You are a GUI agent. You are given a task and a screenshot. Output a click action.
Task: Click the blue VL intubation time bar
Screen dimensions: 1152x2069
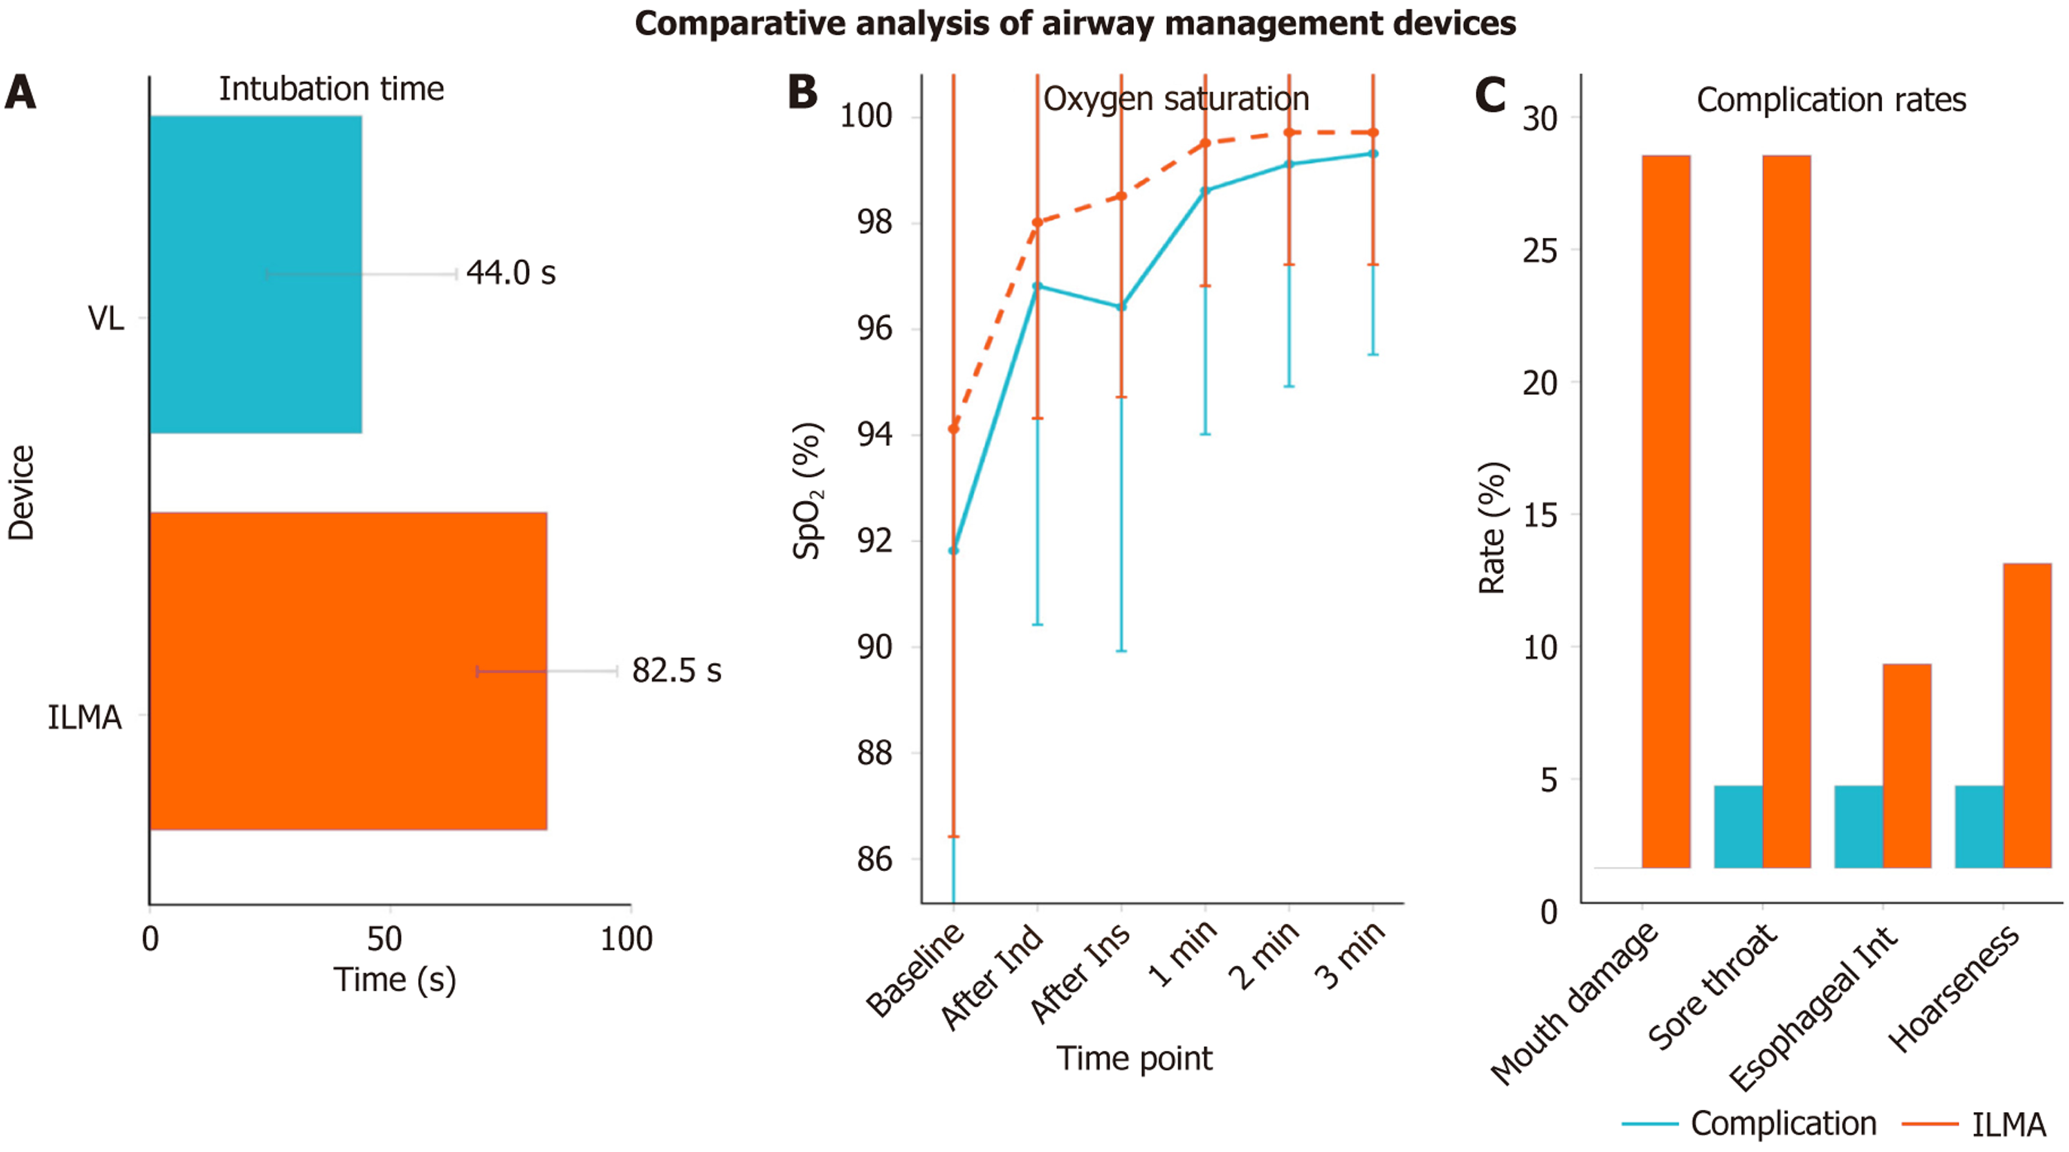tap(255, 274)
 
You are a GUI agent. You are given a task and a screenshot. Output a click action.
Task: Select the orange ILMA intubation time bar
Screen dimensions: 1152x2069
tap(348, 671)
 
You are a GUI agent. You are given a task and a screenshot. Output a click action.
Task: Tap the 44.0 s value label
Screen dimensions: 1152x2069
tap(511, 273)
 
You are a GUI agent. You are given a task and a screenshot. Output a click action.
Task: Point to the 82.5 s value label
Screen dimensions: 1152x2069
tap(677, 671)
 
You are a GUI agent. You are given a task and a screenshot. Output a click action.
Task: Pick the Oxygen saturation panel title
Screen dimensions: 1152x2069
tap(1176, 99)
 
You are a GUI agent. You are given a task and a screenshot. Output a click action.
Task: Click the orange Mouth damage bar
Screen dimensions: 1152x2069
tap(1666, 511)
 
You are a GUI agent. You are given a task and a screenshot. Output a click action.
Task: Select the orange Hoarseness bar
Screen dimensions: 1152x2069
tap(2028, 715)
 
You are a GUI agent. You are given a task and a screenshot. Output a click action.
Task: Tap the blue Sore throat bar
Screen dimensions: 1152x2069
tap(1738, 826)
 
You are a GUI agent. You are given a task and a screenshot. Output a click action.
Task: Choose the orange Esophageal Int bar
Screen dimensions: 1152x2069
tap(1907, 765)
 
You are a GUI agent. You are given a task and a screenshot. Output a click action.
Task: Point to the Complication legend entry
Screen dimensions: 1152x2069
tap(1783, 1123)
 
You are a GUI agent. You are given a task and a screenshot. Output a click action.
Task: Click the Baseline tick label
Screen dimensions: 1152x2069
tap(915, 970)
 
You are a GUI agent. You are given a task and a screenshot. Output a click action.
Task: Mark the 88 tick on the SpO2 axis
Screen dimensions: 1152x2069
tap(875, 753)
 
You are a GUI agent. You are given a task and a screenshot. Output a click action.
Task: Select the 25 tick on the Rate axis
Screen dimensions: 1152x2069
tap(1540, 251)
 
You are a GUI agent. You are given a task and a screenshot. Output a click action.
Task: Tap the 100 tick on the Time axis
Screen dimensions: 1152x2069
tap(626, 938)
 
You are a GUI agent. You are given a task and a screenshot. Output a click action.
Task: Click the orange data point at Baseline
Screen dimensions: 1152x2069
tap(953, 429)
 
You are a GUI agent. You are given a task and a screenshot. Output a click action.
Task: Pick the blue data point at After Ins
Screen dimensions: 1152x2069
tap(1121, 307)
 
